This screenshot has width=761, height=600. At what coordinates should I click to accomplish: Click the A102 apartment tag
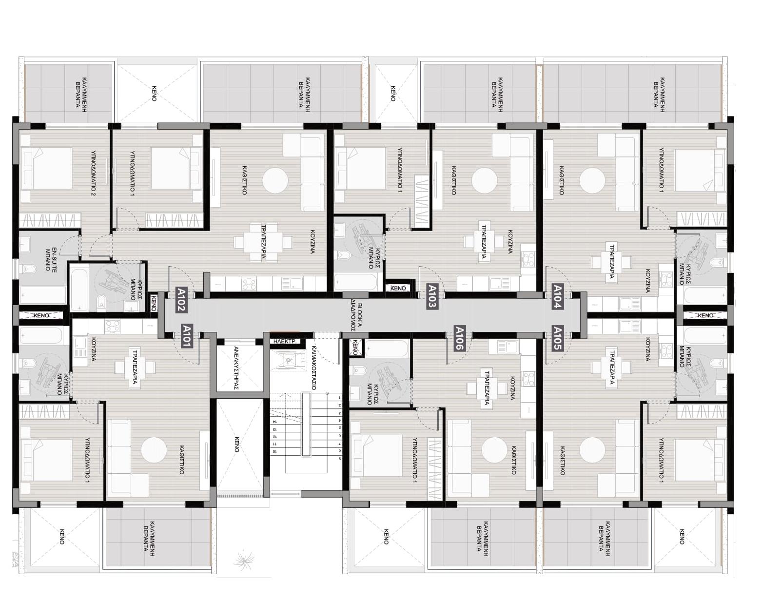[x=181, y=300]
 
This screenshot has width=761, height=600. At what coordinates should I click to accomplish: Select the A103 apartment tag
[x=432, y=296]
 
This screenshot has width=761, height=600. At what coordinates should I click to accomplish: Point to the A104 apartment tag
[x=558, y=296]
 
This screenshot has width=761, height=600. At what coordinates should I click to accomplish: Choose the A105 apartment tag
[x=558, y=338]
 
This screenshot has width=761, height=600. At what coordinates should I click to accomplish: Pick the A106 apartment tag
[x=460, y=338]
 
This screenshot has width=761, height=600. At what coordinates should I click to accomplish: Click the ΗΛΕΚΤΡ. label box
[x=284, y=341]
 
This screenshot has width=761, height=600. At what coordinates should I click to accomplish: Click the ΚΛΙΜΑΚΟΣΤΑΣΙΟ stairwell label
[x=313, y=368]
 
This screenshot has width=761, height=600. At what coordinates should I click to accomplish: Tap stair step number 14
[x=274, y=422]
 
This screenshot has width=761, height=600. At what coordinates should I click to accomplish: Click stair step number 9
[x=339, y=459]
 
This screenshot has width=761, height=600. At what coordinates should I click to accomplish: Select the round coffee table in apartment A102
[x=275, y=180]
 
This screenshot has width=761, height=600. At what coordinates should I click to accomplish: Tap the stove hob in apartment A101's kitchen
[x=113, y=327]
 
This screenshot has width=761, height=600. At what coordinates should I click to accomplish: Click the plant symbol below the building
[x=244, y=560]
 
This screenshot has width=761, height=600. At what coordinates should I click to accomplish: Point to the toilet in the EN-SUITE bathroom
[x=30, y=270]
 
